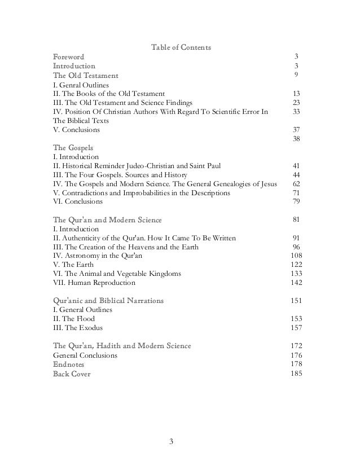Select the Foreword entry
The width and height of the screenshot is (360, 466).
tap(68, 57)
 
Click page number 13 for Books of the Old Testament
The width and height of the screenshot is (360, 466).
tap(296, 94)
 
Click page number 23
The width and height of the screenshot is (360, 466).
tap(296, 103)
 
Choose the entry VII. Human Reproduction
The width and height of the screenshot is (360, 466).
tap(94, 283)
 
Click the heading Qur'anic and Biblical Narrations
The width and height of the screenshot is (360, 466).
tap(108, 301)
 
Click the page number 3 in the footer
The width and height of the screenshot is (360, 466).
tap(173, 441)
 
